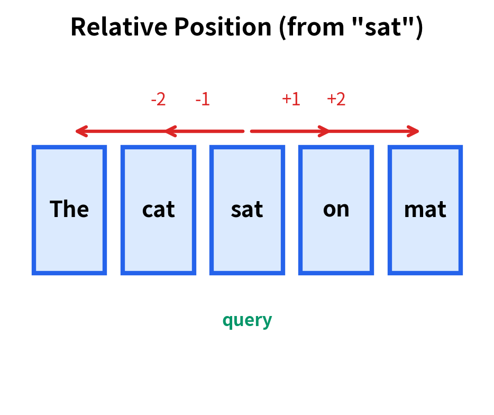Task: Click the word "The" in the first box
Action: point(69,210)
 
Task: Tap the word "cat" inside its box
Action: point(158,210)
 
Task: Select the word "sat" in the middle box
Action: point(247,210)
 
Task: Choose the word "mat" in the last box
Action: point(425,210)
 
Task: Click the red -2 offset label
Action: point(158,99)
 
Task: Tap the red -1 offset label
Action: point(203,99)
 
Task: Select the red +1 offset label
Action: point(291,99)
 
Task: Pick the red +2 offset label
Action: point(336,99)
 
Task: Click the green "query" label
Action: point(247,320)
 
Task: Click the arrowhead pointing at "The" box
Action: point(80,131)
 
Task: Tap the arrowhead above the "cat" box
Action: point(169,131)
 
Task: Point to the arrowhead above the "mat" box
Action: point(414,131)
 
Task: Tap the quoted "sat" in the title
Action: point(380,26)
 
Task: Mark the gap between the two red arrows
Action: point(247,131)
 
